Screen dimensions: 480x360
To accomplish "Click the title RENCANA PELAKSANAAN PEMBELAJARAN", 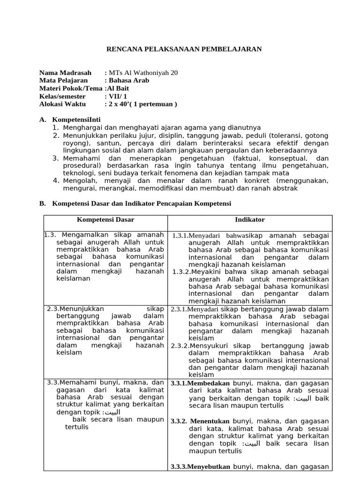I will coord(184,49).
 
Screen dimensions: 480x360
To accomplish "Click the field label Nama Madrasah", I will coord(65,73).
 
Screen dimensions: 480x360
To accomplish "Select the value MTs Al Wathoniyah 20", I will coord(143,73).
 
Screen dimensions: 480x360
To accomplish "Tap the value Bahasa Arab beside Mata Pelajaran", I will coord(129,81).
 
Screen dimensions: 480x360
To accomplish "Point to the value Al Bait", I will coord(118,89).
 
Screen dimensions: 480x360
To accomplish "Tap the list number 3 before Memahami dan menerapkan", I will coord(55,158).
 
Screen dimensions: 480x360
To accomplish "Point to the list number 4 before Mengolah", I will coord(55,181).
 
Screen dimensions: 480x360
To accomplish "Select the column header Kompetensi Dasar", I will coord(105,220).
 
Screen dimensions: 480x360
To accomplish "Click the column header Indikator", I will coord(249,220).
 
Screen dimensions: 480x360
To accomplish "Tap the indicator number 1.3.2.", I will coord(180,272).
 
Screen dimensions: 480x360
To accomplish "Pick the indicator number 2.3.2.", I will coord(180,346).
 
